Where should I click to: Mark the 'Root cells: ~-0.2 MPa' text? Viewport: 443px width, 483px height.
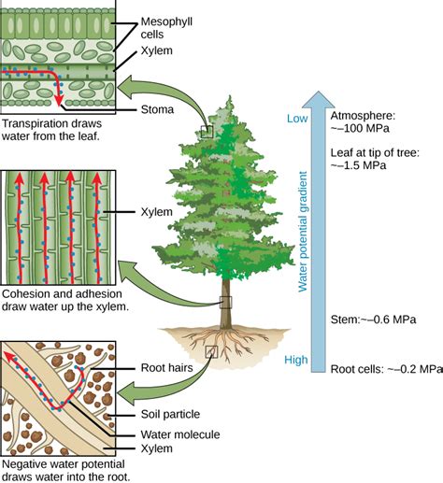(x=385, y=368)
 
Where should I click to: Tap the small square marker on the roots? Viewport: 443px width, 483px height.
(x=211, y=351)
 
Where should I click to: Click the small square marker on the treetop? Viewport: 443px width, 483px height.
(x=207, y=132)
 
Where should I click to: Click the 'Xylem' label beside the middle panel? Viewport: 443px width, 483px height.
(x=156, y=212)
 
